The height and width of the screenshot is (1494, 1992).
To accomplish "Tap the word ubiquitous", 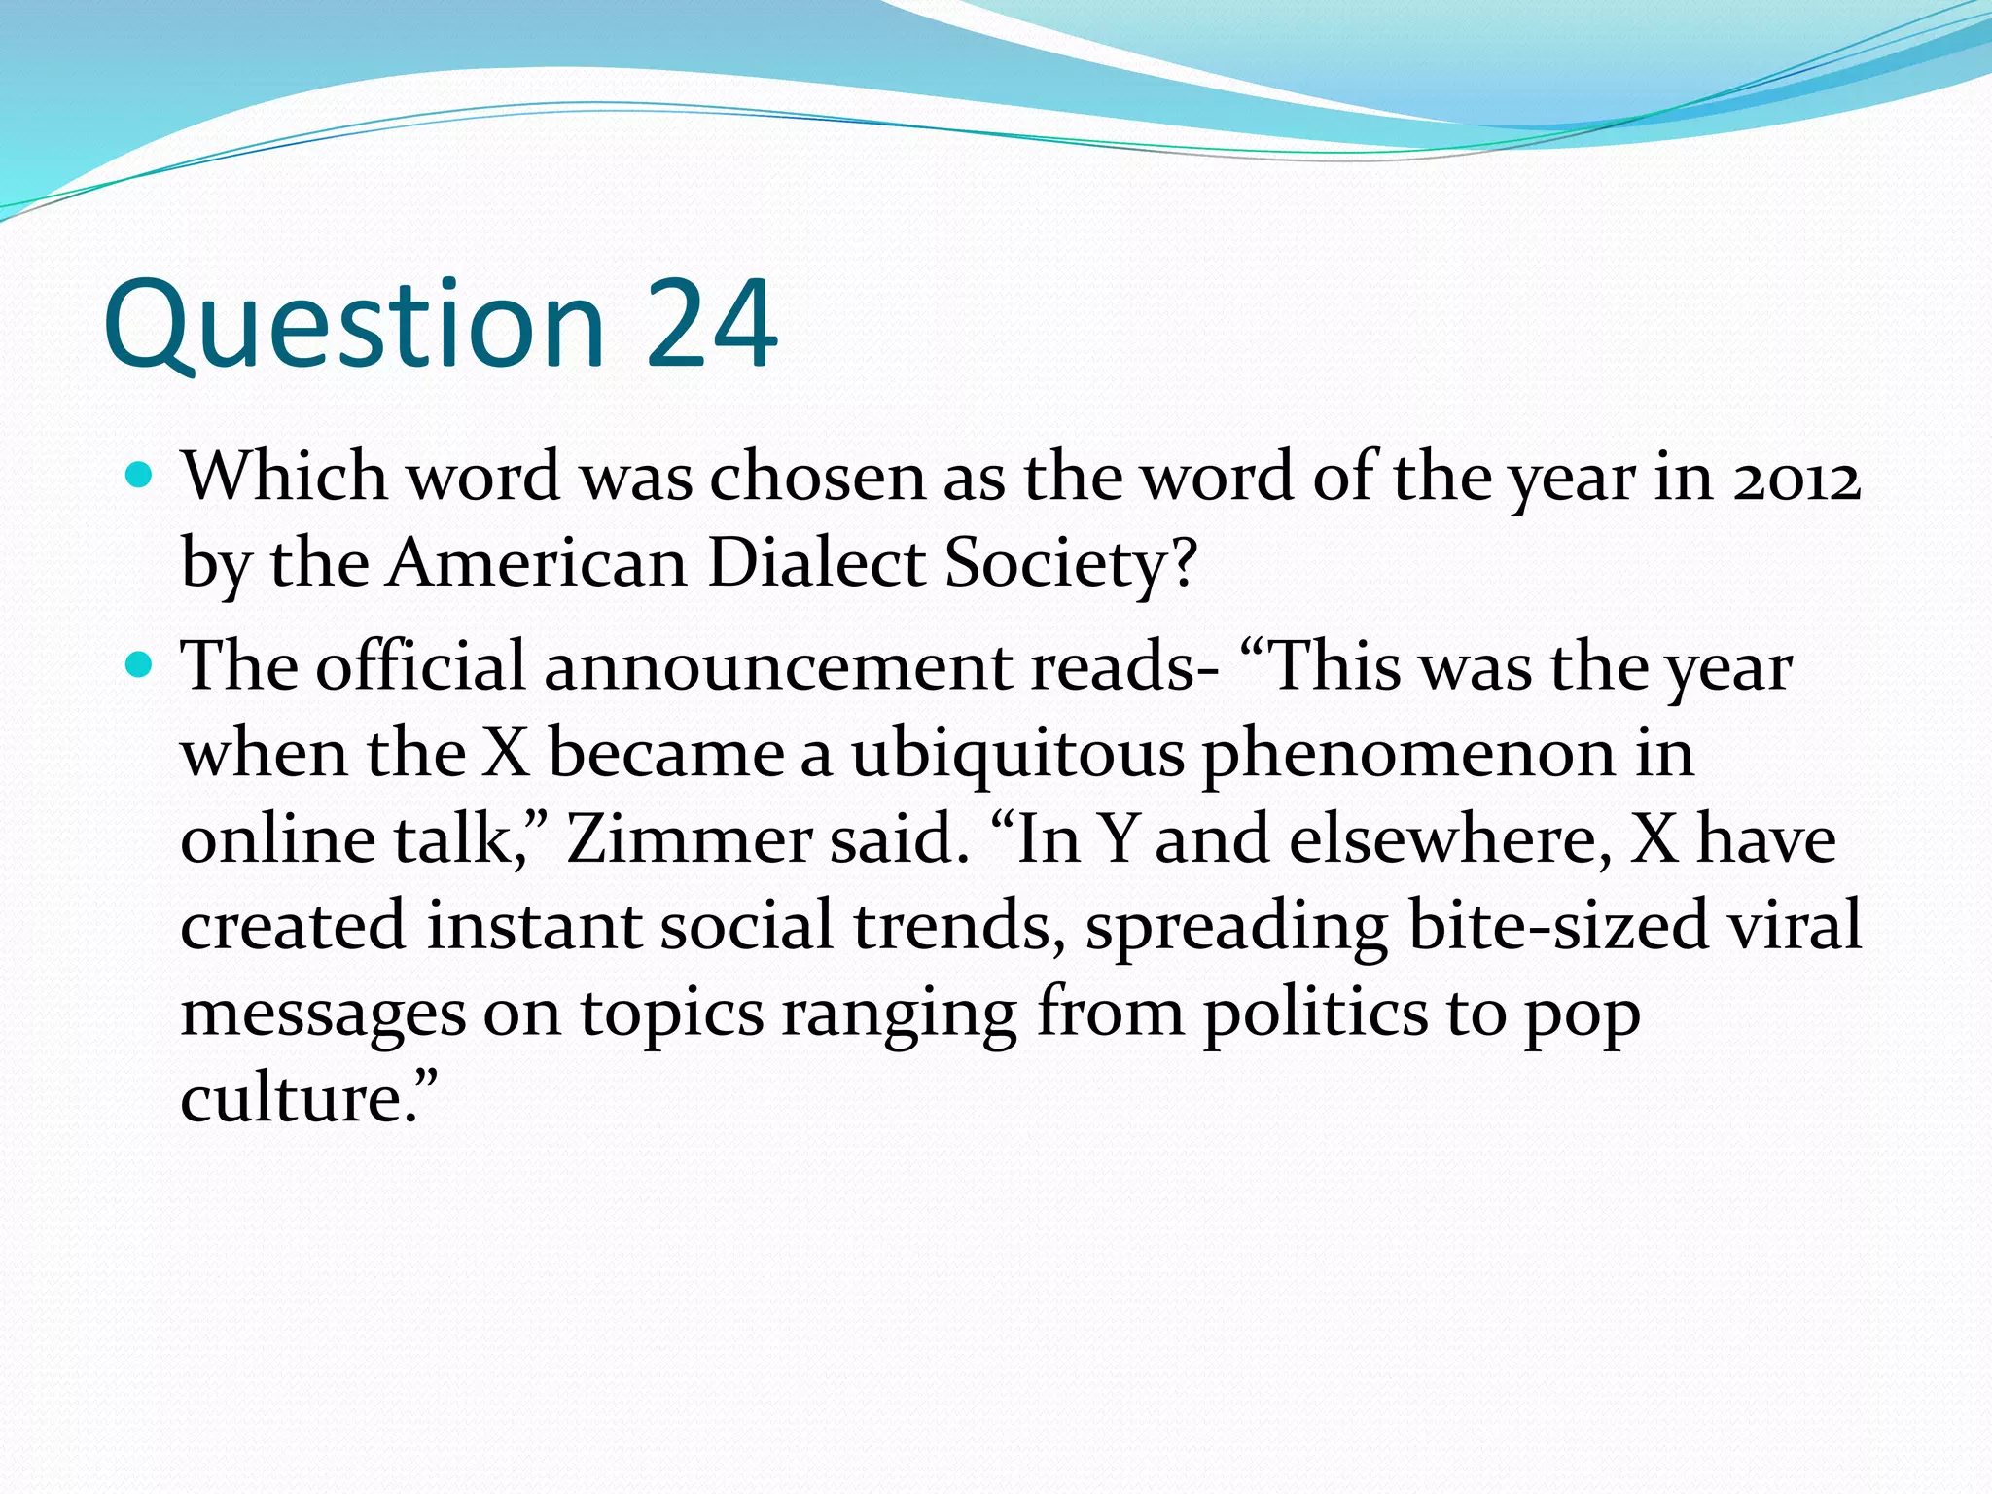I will coord(1017,755).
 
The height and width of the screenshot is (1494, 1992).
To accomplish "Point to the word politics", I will coord(1315,1014).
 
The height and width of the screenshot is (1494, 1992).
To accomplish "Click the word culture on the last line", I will coord(291,1099).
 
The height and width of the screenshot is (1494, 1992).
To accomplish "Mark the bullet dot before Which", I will coord(140,477).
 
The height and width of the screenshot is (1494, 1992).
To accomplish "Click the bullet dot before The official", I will coord(140,665).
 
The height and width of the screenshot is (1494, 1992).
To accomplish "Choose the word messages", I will coord(323,1014).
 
